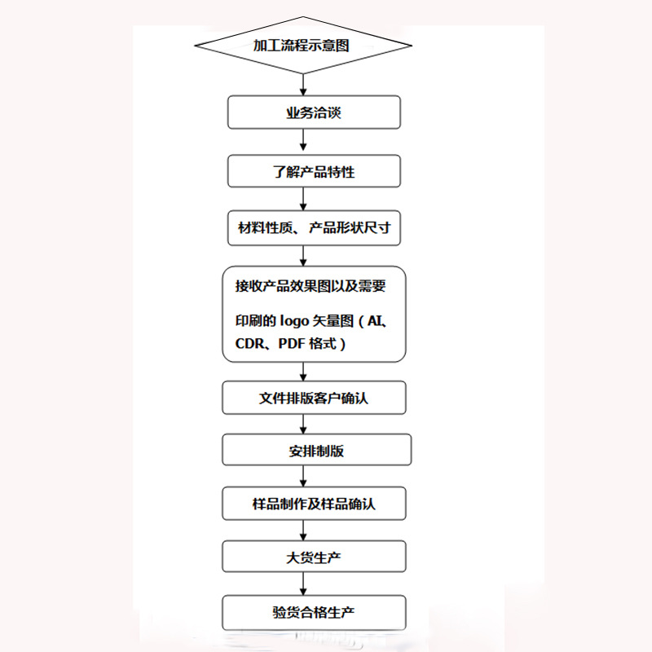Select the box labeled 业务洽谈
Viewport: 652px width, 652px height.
pos(314,112)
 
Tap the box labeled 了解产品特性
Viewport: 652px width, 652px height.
pos(314,172)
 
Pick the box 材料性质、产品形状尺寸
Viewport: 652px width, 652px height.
pos(314,228)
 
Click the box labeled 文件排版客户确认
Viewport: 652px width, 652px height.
pos(314,399)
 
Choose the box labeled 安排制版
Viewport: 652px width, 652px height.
pos(316,450)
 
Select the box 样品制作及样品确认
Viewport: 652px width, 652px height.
pos(314,504)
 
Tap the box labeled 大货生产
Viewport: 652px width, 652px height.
pos(314,557)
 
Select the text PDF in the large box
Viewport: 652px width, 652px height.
pos(291,344)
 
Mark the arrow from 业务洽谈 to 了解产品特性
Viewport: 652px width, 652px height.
pos(303,142)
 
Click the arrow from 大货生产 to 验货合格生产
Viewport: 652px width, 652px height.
pos(303,584)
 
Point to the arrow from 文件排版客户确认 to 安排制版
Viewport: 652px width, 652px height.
pos(303,424)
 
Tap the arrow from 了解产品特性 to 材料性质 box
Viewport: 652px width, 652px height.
pos(303,200)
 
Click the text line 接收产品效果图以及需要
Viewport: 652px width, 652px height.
pos(310,287)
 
